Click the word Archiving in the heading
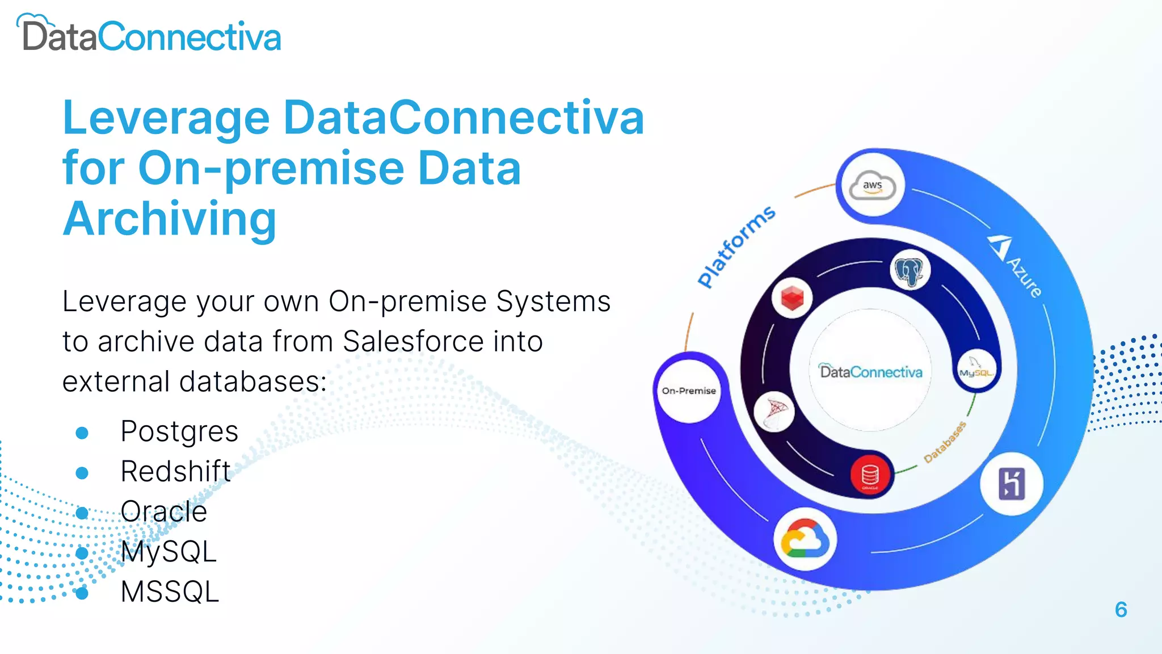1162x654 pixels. (170, 219)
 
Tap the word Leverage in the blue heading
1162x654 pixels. (166, 118)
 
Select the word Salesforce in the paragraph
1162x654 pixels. (412, 342)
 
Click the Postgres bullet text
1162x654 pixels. (179, 431)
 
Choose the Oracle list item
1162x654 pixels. (164, 512)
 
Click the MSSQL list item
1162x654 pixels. (170, 592)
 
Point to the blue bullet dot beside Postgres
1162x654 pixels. (82, 433)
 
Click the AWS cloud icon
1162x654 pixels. (872, 186)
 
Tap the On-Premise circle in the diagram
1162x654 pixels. (689, 391)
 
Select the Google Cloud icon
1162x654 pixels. (805, 539)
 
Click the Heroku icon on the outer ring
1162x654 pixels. (1011, 484)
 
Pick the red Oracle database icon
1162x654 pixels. (869, 475)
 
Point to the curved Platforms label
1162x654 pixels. (736, 246)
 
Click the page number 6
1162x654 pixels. (1121, 610)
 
